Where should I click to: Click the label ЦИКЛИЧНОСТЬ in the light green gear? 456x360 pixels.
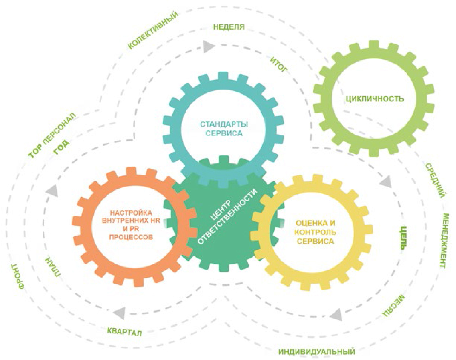click(374, 98)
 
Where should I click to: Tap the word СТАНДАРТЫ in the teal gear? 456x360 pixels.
click(224, 124)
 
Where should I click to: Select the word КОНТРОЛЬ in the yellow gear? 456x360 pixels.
click(315, 232)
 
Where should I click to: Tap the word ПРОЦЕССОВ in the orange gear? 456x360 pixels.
click(131, 237)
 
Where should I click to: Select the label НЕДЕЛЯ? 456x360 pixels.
click(229, 27)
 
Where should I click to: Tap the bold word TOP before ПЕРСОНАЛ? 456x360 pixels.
click(35, 152)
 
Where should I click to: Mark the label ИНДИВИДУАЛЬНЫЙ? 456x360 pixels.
click(317, 352)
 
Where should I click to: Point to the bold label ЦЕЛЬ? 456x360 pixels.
click(403, 238)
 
